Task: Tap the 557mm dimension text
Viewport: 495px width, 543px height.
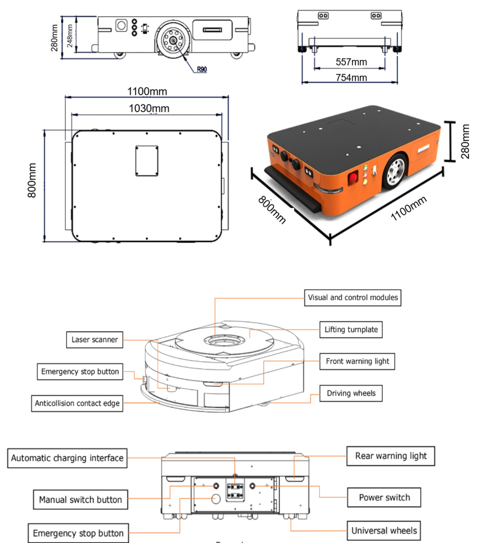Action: (351, 62)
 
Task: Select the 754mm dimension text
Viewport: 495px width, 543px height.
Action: (351, 77)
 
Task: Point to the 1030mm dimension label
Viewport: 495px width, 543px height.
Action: (149, 108)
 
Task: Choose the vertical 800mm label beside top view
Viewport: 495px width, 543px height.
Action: (32, 181)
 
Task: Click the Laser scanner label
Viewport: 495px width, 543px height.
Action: (95, 339)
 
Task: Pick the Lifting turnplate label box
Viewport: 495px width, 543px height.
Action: (351, 329)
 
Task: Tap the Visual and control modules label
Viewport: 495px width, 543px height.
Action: (352, 297)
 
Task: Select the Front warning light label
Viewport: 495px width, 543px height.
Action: (357, 361)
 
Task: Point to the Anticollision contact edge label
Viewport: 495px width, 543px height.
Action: (77, 403)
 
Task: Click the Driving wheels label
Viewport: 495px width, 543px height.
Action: (351, 393)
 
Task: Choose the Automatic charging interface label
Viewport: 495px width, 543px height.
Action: (67, 458)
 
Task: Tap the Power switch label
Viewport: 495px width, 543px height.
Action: (384, 497)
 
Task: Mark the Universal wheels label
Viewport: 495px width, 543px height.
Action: (384, 530)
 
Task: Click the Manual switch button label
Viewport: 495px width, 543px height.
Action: (81, 500)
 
